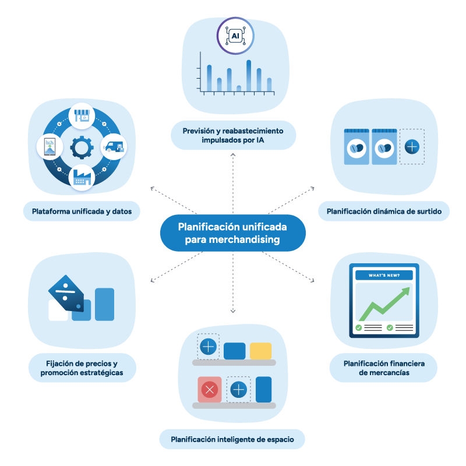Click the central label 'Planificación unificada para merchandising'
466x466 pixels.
click(232, 232)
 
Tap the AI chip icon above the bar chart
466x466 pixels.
click(235, 36)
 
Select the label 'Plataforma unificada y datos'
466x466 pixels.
click(82, 211)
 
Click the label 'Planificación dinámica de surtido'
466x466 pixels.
click(384, 211)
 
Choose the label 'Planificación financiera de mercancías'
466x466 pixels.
click(383, 368)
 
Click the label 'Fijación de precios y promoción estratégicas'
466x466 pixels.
click(82, 368)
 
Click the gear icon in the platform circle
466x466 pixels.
click(82, 147)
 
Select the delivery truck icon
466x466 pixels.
click(114, 147)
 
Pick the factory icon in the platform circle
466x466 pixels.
click(82, 178)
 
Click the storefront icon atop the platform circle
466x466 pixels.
click(82, 116)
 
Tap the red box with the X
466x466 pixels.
click(209, 390)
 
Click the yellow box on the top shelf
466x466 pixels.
click(260, 351)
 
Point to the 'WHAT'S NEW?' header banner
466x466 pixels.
click(384, 275)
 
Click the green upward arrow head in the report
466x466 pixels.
click(400, 295)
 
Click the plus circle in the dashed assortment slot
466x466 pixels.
click(412, 146)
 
